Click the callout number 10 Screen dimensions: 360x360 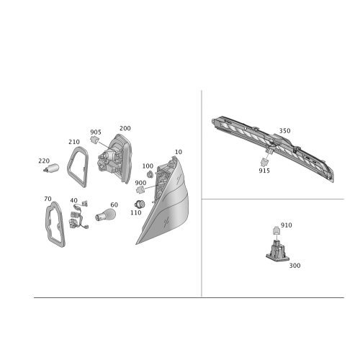pos(179,152)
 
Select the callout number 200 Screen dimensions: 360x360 pos(125,128)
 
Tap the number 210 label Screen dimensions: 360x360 pos(74,142)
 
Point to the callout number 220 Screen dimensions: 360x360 pos(44,161)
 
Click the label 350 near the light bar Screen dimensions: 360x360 pos(284,131)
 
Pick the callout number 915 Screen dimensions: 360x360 pos(264,171)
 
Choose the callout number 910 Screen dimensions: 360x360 pos(287,225)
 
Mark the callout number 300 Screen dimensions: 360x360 pos(294,266)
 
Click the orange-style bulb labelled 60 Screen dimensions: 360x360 pos(105,215)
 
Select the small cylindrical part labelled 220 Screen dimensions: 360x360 pos(51,168)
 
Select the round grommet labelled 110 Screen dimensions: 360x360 pos(140,204)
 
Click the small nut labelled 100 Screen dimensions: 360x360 pos(150,174)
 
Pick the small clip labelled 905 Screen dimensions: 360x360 pos(94,140)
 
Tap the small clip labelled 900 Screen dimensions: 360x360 pos(140,190)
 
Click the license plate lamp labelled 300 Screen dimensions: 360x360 pos(278,251)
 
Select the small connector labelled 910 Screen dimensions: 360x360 pos(276,231)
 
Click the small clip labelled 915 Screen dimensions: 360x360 pos(264,162)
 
